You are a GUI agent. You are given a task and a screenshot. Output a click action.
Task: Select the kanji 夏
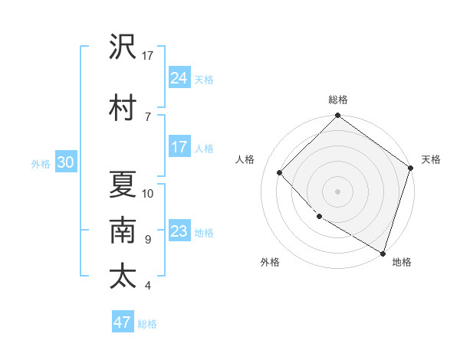click(123, 185)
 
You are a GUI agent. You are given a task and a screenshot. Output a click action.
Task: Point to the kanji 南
click(123, 231)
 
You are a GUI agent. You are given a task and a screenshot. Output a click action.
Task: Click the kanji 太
click(123, 276)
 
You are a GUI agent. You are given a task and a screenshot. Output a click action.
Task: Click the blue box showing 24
click(179, 77)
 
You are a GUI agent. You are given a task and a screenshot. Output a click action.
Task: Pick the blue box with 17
click(179, 147)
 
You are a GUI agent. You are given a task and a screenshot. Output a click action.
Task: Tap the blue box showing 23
click(179, 231)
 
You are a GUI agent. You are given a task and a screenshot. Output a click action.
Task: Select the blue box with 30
click(65, 162)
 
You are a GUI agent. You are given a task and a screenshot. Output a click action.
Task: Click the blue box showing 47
click(123, 322)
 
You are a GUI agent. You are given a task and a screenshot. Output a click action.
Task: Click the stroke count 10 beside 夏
click(148, 194)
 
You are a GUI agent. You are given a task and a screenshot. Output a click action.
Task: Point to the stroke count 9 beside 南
click(148, 240)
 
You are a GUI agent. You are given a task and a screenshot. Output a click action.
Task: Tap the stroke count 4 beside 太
click(148, 286)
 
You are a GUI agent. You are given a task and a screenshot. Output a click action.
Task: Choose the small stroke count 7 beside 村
click(148, 116)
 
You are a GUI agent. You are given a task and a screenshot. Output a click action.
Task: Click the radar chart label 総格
click(338, 100)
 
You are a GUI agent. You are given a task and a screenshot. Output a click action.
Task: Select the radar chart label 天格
click(431, 160)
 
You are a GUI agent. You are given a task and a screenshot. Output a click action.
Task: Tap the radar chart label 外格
click(270, 263)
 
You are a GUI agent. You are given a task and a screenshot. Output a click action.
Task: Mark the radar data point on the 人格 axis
click(280, 172)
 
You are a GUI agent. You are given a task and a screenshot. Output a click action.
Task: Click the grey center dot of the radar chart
click(338, 191)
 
